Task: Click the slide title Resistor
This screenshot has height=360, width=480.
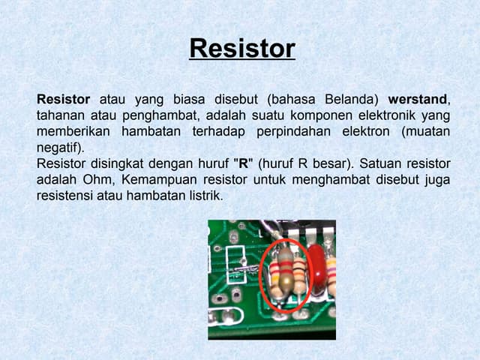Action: [242, 49]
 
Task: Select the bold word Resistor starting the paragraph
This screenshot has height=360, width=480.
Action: [64, 99]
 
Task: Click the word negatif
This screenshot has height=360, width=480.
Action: [58, 148]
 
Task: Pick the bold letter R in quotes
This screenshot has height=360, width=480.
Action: [241, 163]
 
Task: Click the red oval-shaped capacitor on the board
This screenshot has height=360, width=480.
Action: [317, 266]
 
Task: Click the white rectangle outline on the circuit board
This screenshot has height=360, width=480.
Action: [233, 238]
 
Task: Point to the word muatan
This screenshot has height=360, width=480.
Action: [427, 131]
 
